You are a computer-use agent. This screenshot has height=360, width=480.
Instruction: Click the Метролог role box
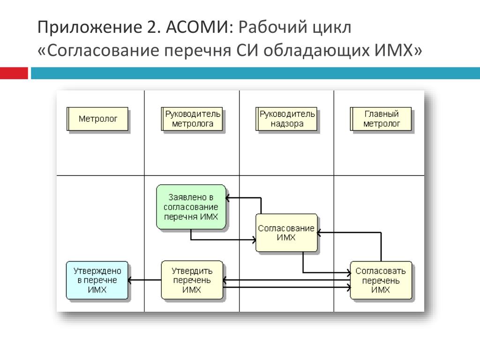[98, 119]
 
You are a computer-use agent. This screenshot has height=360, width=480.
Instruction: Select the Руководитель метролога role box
[193, 119]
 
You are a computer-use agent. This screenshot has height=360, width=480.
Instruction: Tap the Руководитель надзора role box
[287, 119]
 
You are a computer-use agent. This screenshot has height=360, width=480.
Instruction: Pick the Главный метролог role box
[382, 119]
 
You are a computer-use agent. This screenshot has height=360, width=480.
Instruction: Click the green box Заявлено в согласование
[191, 207]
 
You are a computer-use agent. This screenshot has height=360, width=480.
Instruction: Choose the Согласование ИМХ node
[286, 233]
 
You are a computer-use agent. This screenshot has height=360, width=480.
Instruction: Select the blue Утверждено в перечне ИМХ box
[97, 280]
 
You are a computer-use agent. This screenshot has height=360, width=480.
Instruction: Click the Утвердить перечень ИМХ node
[192, 280]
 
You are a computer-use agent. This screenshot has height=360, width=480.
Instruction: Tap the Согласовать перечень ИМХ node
[381, 280]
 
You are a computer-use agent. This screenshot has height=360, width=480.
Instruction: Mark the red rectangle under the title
[14, 73]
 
